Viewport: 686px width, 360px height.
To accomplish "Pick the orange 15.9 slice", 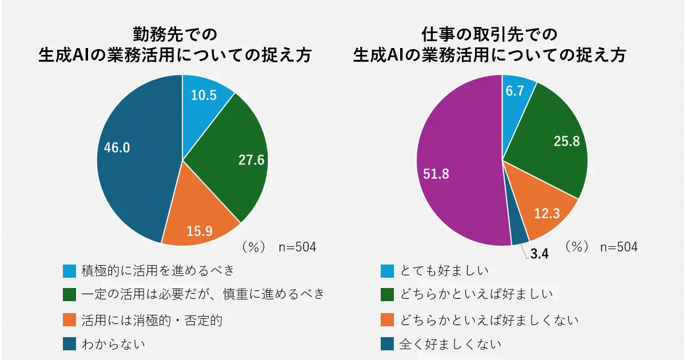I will coord(197,226).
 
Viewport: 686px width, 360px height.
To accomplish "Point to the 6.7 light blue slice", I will coord(516,91).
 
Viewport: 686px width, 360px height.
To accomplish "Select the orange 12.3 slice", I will coord(546,214).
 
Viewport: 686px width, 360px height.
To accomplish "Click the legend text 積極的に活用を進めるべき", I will coord(157,269).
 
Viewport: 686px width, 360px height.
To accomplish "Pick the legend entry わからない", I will coord(113,345).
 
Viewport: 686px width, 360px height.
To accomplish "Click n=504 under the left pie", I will coord(297,247).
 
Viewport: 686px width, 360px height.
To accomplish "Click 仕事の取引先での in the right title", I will coord(489,35).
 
